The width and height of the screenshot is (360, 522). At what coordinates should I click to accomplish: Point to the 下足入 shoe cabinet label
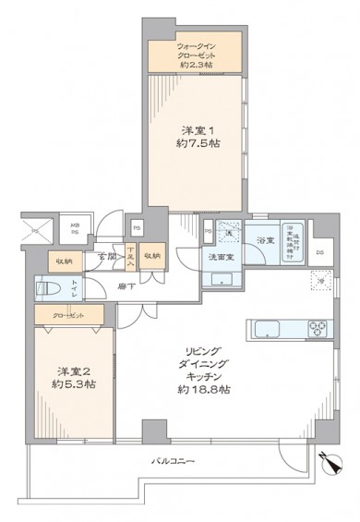click(132, 256)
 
